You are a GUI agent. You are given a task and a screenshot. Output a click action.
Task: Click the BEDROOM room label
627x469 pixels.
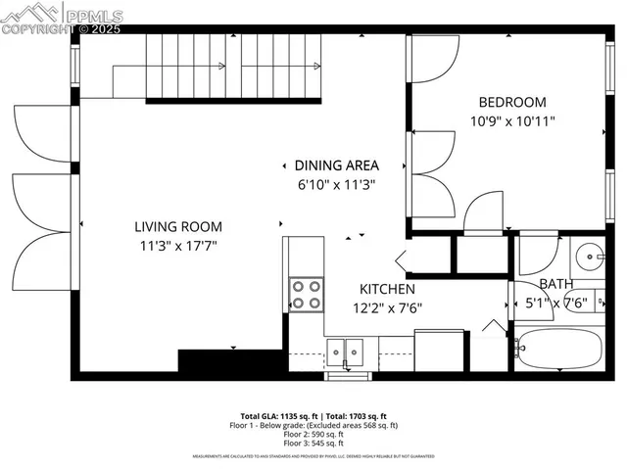point(512,102)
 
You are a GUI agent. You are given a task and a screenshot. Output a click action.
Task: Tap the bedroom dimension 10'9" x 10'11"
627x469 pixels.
point(512,123)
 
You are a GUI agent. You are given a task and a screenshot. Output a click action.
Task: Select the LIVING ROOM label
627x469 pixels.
point(178,226)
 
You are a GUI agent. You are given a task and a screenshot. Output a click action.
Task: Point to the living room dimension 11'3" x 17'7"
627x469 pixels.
point(178,247)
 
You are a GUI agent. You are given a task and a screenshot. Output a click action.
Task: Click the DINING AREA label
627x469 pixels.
point(337,165)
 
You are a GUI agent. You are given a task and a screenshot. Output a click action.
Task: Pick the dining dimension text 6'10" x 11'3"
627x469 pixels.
point(337,184)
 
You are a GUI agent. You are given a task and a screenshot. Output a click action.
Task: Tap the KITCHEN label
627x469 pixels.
point(387,289)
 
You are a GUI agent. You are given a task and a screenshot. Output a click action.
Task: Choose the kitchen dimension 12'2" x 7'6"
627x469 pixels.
point(387,307)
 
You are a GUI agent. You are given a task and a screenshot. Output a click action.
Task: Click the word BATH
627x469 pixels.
point(556,284)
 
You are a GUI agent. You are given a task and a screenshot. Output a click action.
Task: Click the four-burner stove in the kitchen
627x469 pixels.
point(306,294)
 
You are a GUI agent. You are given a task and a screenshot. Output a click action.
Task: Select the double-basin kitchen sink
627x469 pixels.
point(344,350)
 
